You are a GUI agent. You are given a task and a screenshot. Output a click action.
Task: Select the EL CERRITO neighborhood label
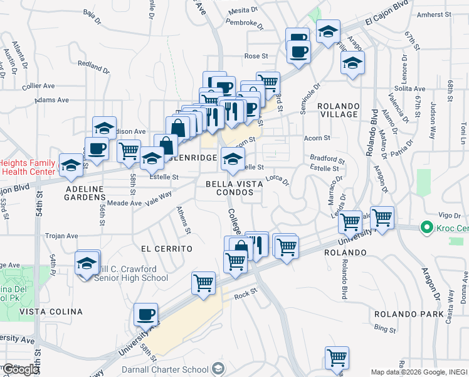(x=166, y=249)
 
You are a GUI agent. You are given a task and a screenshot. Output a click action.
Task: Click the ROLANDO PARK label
(x=401, y=314)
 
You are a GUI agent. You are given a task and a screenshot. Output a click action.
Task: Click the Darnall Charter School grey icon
(x=218, y=368)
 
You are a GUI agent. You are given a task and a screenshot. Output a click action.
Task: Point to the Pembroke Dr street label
(x=244, y=23)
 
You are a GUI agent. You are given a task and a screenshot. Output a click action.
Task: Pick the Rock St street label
(x=245, y=293)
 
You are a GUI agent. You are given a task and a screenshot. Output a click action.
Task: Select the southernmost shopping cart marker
(x=337, y=357)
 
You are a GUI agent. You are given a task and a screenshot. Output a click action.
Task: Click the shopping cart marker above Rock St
(x=204, y=283)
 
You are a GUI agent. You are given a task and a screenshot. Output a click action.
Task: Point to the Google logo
(x=21, y=370)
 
